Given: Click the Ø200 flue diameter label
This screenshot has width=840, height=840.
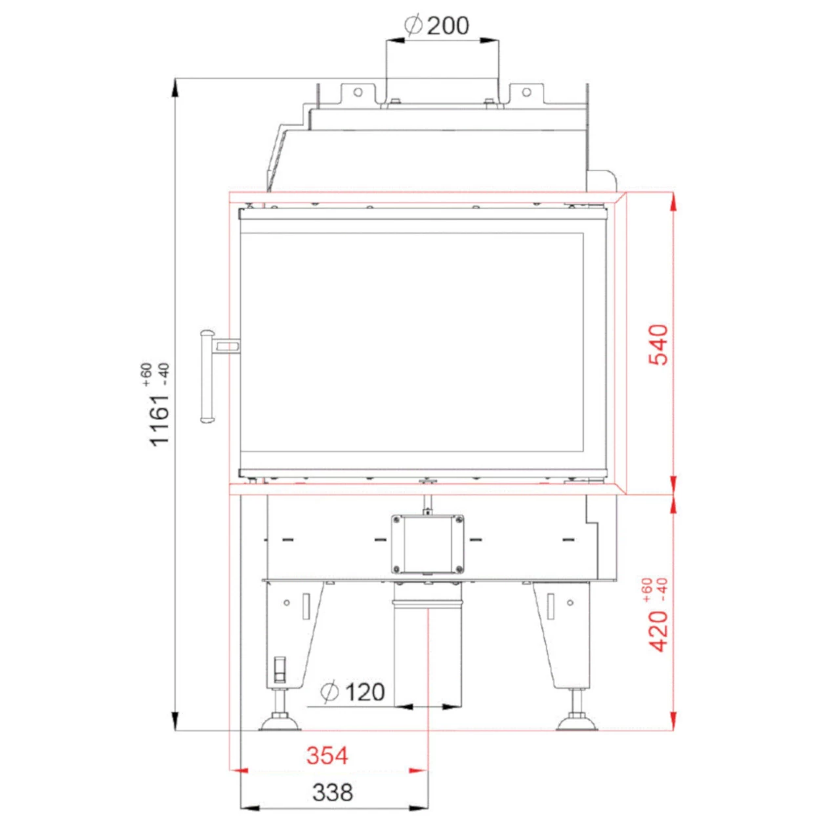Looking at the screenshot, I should (x=437, y=26).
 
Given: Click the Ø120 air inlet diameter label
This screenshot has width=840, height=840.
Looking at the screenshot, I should (x=352, y=692).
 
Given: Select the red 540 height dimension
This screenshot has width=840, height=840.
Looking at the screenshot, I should (x=658, y=345).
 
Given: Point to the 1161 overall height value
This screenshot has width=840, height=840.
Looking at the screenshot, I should (x=159, y=420).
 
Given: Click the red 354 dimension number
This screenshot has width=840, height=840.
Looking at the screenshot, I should (x=327, y=755).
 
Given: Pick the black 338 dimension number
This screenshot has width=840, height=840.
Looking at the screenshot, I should (x=333, y=792).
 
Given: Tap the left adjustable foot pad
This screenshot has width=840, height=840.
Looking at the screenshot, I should (x=280, y=724).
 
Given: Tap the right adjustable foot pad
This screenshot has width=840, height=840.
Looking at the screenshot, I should (x=577, y=724).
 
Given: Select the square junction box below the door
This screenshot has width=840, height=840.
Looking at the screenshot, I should (x=427, y=545).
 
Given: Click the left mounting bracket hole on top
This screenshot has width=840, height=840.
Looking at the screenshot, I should (x=358, y=93).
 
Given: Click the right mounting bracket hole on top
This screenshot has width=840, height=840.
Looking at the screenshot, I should (x=526, y=93).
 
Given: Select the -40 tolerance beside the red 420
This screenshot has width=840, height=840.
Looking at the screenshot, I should (x=662, y=589).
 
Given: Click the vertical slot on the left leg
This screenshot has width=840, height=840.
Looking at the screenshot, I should (x=305, y=606).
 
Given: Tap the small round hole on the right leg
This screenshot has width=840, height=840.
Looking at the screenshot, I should (x=570, y=602).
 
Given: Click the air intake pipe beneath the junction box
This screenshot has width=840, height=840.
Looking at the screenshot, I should (x=427, y=650).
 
